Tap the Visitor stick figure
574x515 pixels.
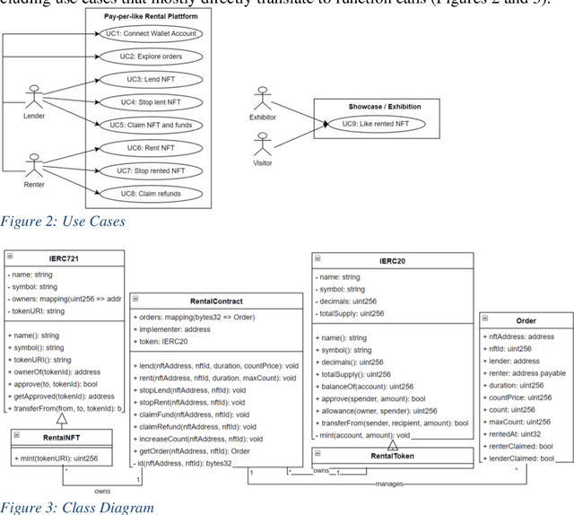coord(263,145)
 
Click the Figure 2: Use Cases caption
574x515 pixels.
coord(62,221)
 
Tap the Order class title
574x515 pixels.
coord(526,320)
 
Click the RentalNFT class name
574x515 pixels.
coord(62,438)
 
